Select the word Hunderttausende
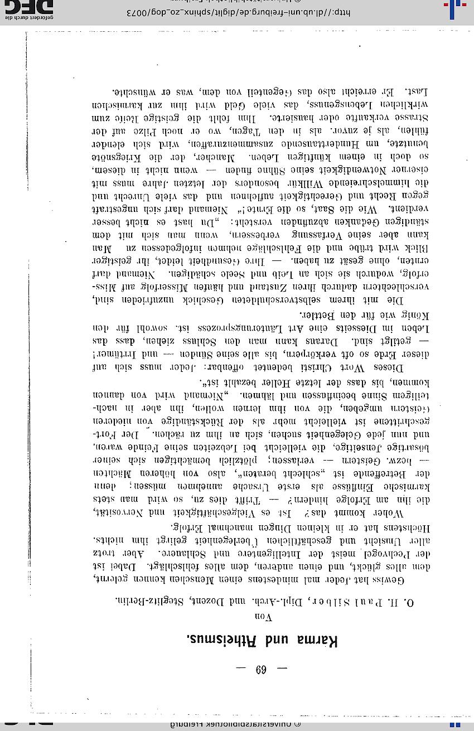click(311, 143)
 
